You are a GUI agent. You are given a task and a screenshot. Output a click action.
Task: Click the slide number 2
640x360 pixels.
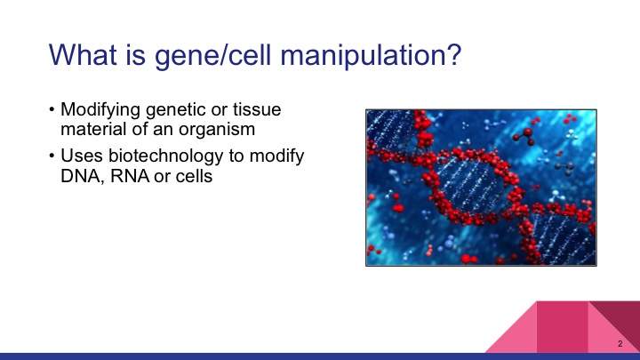pos(620,344)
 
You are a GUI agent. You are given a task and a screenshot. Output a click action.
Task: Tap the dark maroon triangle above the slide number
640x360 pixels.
pos(622,316)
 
